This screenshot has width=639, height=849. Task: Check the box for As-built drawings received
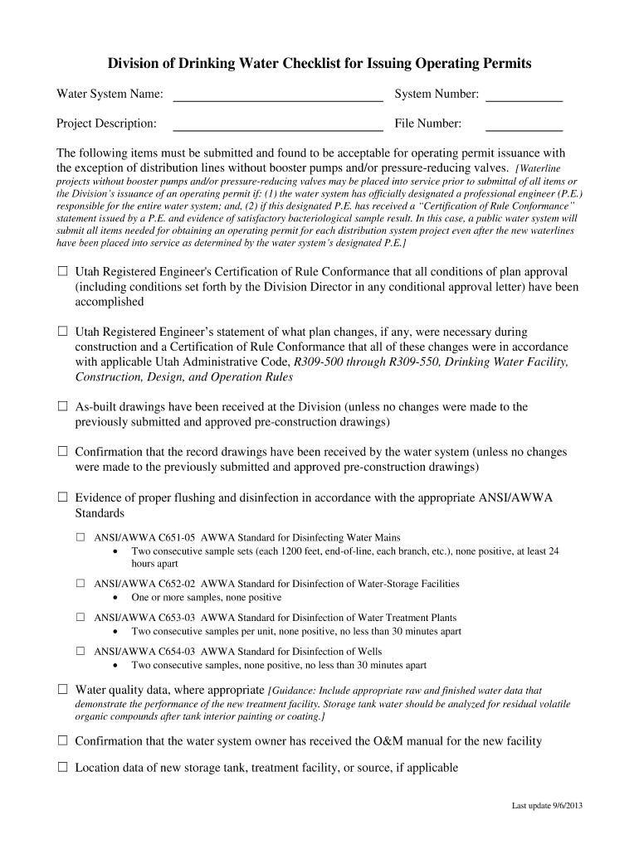(62, 407)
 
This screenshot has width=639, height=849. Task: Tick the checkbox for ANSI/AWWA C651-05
(80, 537)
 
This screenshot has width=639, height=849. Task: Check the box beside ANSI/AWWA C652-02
(80, 584)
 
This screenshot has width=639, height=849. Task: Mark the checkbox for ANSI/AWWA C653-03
(80, 618)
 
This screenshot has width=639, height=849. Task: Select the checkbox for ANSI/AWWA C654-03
(80, 652)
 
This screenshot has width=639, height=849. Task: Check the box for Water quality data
(62, 689)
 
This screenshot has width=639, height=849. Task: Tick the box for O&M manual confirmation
(62, 740)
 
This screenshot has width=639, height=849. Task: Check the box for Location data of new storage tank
(62, 768)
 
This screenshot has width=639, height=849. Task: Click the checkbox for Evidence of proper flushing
(62, 497)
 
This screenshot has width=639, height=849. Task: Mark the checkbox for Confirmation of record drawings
(62, 452)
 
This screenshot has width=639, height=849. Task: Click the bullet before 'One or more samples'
(115, 597)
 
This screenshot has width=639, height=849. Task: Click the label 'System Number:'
(437, 95)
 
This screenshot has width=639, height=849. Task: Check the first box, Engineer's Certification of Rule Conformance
(62, 271)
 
